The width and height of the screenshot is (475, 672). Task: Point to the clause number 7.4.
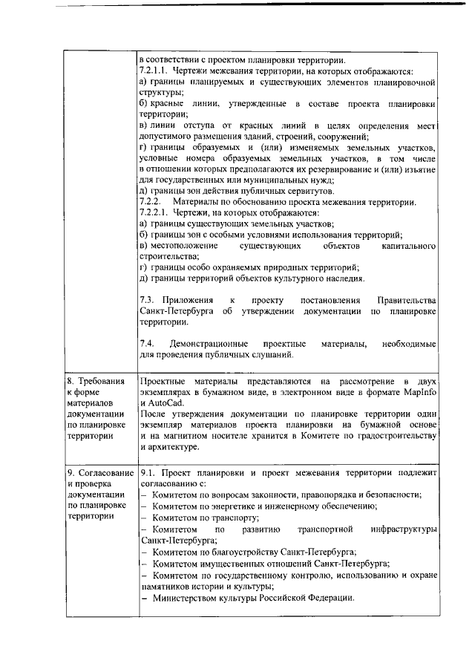pos(148,345)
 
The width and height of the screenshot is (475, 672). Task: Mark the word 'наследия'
pos(344,278)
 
